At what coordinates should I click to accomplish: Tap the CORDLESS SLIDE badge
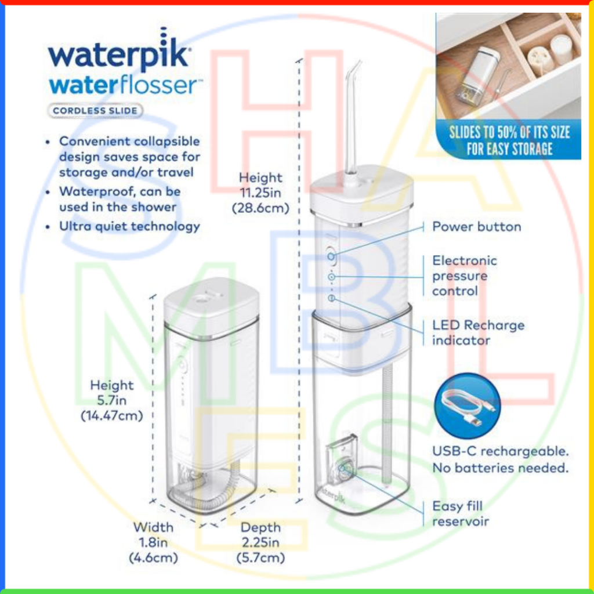(96, 110)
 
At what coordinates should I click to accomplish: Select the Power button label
(476, 226)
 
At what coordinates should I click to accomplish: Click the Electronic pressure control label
(464, 276)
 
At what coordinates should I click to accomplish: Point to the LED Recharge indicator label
(477, 332)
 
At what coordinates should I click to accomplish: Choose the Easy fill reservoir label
(460, 513)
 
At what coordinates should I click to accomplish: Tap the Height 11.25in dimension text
(260, 193)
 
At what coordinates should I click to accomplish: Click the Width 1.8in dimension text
(153, 542)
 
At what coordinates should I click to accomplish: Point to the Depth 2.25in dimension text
(260, 542)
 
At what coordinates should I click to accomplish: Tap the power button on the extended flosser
(331, 255)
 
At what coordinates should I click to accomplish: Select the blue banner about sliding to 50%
(509, 140)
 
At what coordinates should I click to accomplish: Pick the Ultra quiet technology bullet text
(129, 226)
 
